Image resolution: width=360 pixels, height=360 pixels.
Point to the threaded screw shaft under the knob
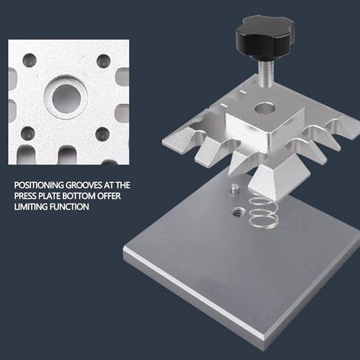(x=265, y=71)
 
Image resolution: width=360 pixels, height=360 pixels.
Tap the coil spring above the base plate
(x=263, y=211)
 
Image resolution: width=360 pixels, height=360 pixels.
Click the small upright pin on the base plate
(x=235, y=189)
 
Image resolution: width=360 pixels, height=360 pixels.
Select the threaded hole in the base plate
(x=238, y=212)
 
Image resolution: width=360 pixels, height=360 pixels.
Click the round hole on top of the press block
(x=265, y=108)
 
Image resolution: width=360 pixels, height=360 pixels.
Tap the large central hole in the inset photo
(x=66, y=97)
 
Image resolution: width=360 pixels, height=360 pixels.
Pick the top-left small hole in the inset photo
(x=30, y=60)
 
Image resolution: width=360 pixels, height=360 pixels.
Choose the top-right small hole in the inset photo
(x=103, y=60)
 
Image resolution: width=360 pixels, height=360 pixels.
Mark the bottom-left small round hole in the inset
(x=28, y=133)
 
